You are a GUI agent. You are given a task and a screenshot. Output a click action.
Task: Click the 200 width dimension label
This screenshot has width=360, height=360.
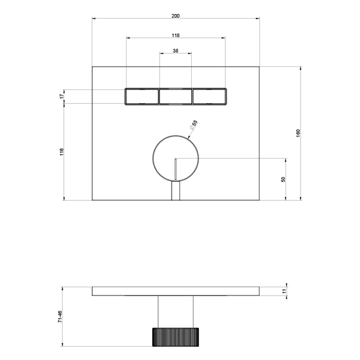pyautogui.click(x=175, y=16)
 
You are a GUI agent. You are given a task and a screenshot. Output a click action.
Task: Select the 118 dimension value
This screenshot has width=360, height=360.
pyautogui.click(x=175, y=35)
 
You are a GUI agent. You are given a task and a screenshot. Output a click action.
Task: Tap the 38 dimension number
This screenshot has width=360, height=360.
pyautogui.click(x=175, y=50)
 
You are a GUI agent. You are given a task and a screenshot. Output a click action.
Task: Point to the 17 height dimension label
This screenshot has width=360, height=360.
pyautogui.click(x=61, y=97)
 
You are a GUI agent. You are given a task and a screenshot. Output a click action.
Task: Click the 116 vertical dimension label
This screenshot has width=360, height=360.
pyautogui.click(x=61, y=152)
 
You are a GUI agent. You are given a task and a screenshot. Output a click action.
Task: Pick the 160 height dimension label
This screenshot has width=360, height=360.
pyautogui.click(x=298, y=133)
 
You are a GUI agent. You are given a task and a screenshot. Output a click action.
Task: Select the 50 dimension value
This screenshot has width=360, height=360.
pyautogui.click(x=283, y=179)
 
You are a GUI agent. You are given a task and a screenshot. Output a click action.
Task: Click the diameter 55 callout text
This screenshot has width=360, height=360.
pyautogui.click(x=193, y=125)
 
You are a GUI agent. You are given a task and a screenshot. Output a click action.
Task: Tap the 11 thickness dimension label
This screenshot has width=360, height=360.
pyautogui.click(x=284, y=291)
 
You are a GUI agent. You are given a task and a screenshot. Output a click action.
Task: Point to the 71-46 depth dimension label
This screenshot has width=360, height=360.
pyautogui.click(x=60, y=317)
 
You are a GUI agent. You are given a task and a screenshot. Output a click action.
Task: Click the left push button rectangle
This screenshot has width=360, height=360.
pyautogui.click(x=141, y=97)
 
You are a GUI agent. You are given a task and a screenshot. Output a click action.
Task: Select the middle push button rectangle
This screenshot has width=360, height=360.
pyautogui.click(x=175, y=97)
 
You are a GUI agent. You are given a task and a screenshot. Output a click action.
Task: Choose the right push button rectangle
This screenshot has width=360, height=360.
pyautogui.click(x=209, y=97)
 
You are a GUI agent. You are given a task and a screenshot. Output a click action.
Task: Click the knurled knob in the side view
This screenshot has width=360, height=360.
pyautogui.click(x=175, y=337)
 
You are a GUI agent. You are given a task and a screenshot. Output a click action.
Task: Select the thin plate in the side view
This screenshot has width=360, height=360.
pyautogui.click(x=175, y=291)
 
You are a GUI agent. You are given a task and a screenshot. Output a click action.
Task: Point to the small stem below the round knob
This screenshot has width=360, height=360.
pyautogui.click(x=175, y=191)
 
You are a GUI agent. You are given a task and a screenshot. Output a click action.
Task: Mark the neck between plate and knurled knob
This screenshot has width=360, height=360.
pyautogui.click(x=175, y=311)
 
